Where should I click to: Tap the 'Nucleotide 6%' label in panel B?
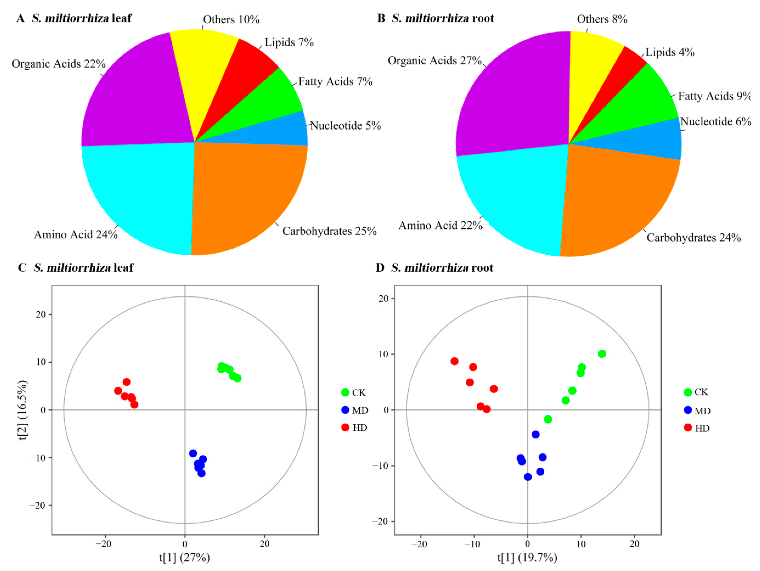[x=715, y=122]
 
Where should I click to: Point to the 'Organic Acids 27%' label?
[x=435, y=61]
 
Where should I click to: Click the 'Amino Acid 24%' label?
[x=76, y=235]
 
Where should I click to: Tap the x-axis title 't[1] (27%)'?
[x=185, y=557]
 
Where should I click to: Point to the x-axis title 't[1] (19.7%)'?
[x=527, y=557]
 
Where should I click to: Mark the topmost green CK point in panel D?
[x=602, y=354]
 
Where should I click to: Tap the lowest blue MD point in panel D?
[x=528, y=477]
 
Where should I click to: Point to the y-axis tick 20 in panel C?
[x=40, y=314]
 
